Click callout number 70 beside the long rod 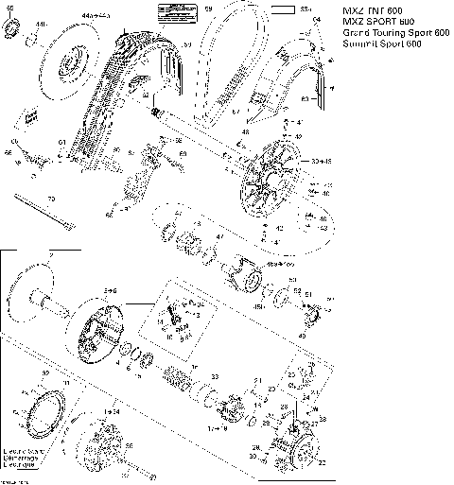pos(52,199)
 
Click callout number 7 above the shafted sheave pos(50,256)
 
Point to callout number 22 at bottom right pos(323,462)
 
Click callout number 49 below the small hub pos(303,335)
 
